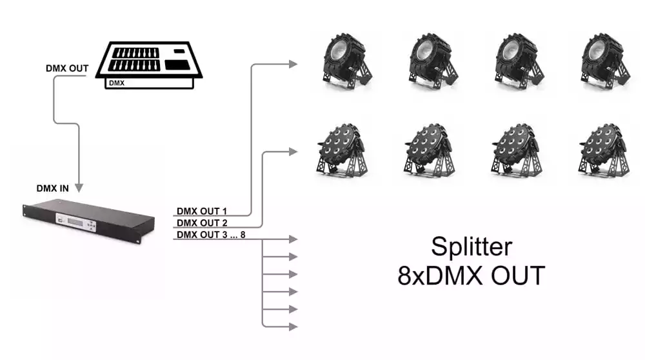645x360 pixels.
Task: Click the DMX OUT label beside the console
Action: [67, 68]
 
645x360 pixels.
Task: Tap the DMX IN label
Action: [53, 188]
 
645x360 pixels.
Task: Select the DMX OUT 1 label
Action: [201, 211]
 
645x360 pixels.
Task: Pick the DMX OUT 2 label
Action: [202, 223]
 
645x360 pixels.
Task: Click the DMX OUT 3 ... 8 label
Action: [211, 234]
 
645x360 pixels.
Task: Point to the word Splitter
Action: [471, 247]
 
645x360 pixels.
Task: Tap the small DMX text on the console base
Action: [117, 83]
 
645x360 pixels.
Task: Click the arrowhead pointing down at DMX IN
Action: [79, 188]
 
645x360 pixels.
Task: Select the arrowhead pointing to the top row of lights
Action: [293, 64]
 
